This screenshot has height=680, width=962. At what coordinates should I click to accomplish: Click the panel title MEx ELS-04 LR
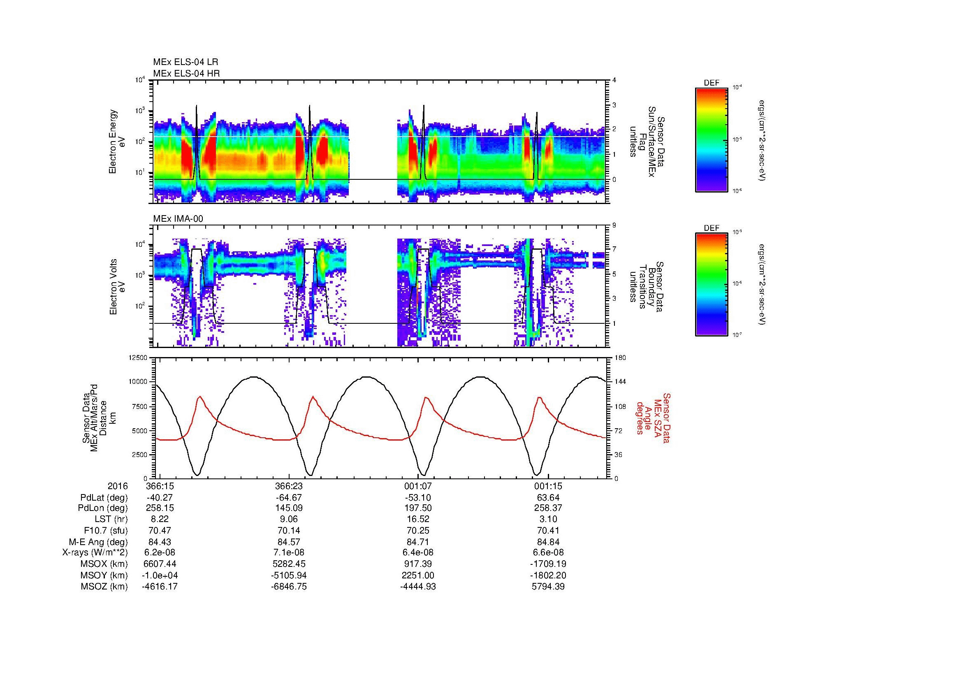pyautogui.click(x=185, y=63)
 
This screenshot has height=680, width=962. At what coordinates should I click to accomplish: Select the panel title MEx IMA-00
pyautogui.click(x=178, y=219)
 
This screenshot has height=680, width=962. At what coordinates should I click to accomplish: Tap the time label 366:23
pyautogui.click(x=289, y=486)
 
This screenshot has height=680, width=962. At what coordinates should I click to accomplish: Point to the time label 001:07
pyautogui.click(x=418, y=486)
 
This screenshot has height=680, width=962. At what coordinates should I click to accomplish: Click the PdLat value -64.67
pyautogui.click(x=289, y=498)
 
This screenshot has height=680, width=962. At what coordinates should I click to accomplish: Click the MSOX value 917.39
pyautogui.click(x=418, y=564)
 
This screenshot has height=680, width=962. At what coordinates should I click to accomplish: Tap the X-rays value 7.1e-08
pyautogui.click(x=289, y=552)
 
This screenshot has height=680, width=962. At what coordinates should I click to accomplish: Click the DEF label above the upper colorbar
pyautogui.click(x=712, y=83)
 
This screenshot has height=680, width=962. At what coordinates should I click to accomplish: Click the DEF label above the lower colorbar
pyautogui.click(x=712, y=228)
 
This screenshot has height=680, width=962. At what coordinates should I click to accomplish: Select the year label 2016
pyautogui.click(x=117, y=486)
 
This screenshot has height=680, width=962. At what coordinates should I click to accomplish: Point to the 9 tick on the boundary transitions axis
pyautogui.click(x=614, y=225)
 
